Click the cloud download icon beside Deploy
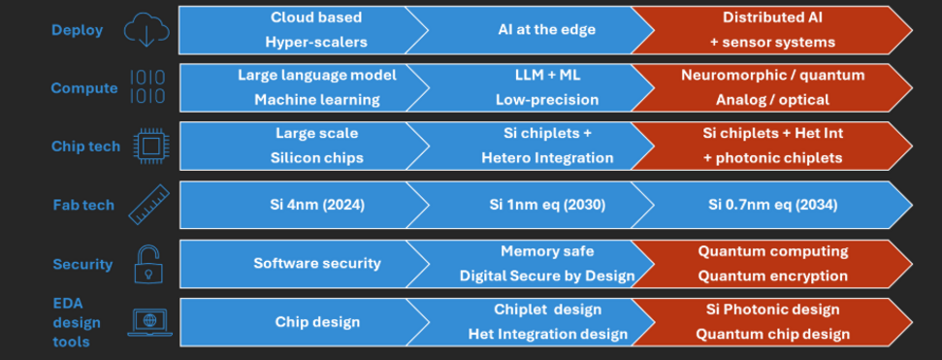(x=146, y=30)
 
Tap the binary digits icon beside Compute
(x=146, y=87)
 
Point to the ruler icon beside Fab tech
(x=147, y=205)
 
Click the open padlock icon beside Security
(x=147, y=263)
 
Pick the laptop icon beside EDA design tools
(x=149, y=322)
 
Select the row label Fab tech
(x=83, y=205)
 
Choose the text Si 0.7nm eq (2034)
(x=773, y=205)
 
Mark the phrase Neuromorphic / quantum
(x=773, y=76)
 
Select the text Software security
(x=317, y=263)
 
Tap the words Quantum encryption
(x=773, y=276)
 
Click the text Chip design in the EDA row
(x=317, y=321)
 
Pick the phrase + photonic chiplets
(x=773, y=158)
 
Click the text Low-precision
(x=547, y=100)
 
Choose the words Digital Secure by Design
(x=547, y=276)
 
